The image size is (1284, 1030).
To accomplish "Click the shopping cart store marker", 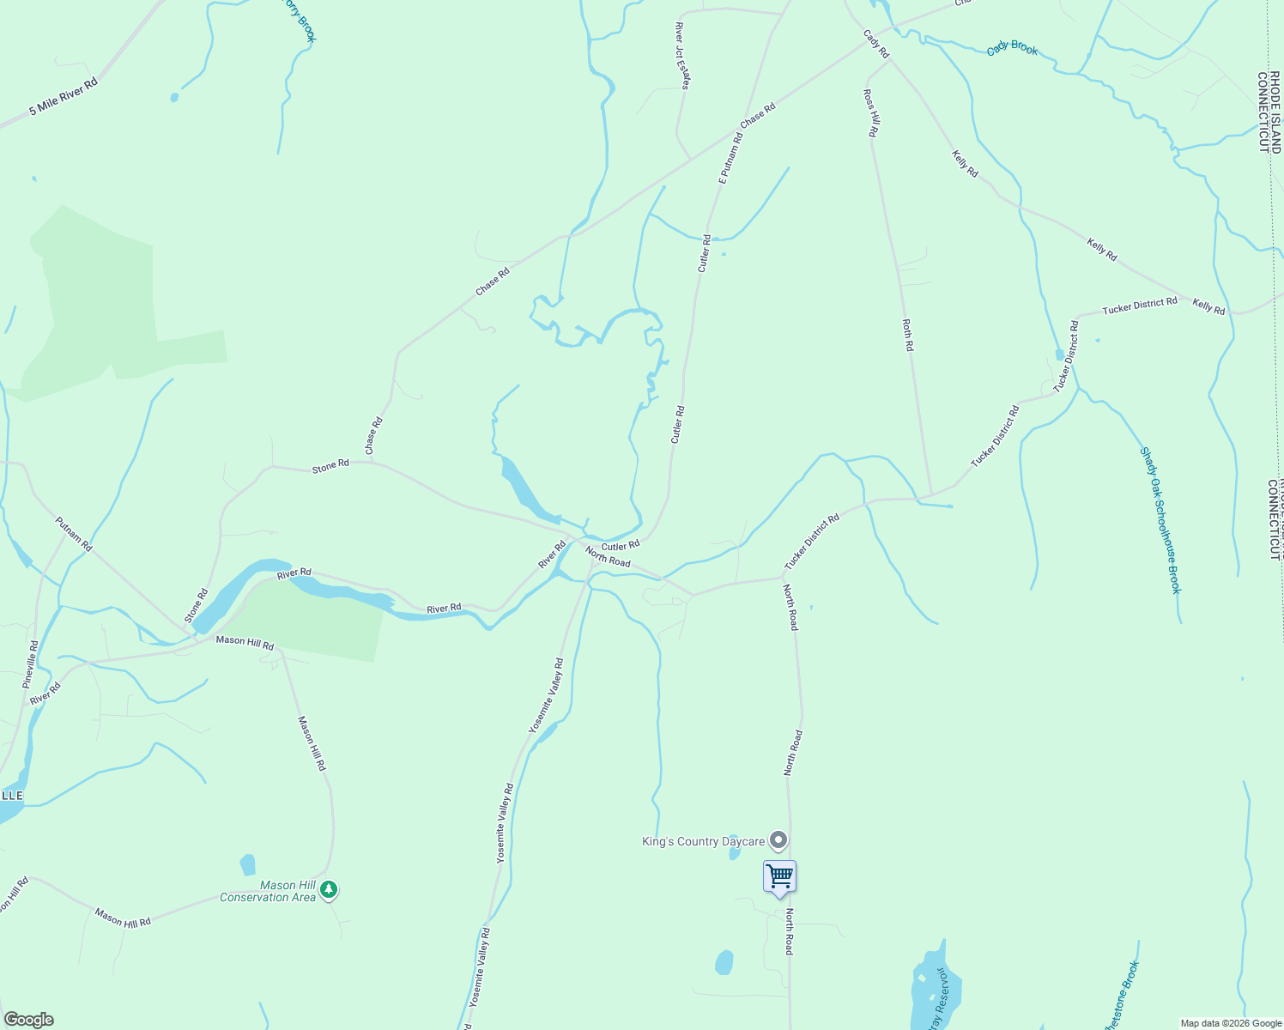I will pos(779,877).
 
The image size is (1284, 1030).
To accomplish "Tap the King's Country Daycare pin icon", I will pos(778,840).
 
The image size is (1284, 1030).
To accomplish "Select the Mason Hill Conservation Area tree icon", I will pos(329,891).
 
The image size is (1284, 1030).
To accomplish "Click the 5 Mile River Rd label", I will pos(64,97).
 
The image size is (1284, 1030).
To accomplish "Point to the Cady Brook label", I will pos(1012,48).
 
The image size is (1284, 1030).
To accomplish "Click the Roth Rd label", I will pos(908,336).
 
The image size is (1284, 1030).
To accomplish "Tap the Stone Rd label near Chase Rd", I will pos(330,465).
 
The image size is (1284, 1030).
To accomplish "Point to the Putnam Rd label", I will pos(73,533).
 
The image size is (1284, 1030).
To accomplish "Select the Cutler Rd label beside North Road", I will pos(621,546).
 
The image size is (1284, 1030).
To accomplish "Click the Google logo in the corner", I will pos(29,1020).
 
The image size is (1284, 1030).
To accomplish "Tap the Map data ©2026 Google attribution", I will pos(1230,1023).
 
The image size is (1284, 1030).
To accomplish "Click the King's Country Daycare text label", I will pos(703,842).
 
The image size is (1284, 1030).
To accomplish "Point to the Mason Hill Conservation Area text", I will pos(268,892).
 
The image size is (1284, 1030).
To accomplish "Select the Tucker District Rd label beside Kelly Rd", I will pos(1140,305).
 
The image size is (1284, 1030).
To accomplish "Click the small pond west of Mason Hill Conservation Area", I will pos(248,864).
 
